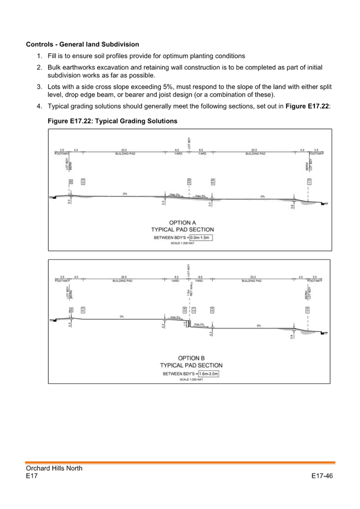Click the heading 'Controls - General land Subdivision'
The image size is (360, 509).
click(x=82, y=44)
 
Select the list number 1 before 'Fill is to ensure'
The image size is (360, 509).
click(x=39, y=56)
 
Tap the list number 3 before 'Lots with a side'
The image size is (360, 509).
click(x=39, y=87)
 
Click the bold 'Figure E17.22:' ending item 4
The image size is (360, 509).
click(x=307, y=106)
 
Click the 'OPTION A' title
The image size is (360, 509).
click(x=182, y=223)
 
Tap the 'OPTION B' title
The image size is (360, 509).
click(x=191, y=358)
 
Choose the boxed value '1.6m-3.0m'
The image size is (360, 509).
click(x=209, y=374)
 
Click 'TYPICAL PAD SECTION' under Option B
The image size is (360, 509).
click(x=191, y=365)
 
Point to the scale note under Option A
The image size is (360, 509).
click(x=183, y=242)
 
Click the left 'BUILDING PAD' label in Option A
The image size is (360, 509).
click(x=124, y=154)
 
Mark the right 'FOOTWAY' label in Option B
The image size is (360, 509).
click(x=317, y=280)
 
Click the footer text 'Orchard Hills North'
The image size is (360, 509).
click(x=54, y=468)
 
